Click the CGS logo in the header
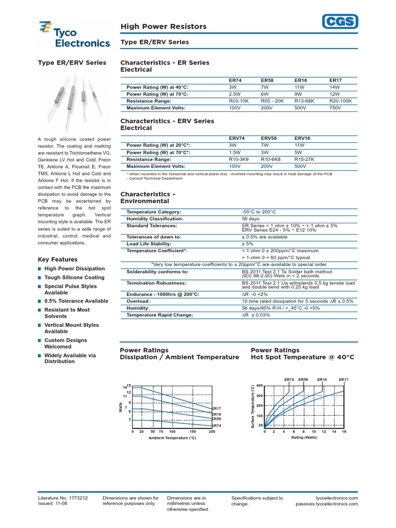point(340,21)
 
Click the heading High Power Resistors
point(163,26)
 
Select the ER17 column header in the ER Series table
point(335,80)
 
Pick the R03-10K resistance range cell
point(239,101)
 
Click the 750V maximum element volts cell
point(335,108)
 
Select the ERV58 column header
point(270,139)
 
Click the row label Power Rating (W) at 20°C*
point(158,146)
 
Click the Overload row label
point(138,301)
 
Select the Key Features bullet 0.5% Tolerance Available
point(76,301)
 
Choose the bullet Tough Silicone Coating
point(74,277)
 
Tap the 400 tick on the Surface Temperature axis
point(259,386)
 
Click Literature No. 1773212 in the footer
point(63,498)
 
